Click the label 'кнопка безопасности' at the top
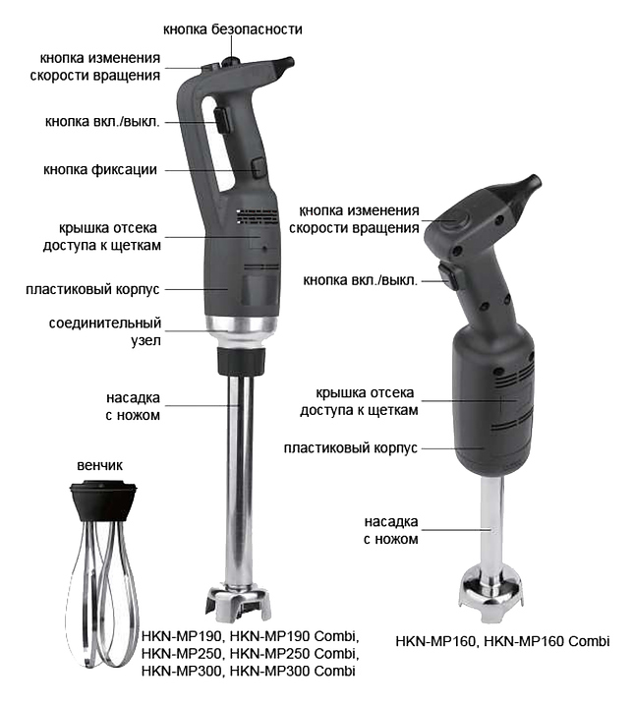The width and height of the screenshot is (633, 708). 233,29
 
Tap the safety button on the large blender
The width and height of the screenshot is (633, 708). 232,60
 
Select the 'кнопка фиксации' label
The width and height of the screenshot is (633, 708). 100,170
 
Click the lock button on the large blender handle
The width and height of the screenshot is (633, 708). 259,167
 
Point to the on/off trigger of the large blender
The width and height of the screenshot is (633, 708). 222,120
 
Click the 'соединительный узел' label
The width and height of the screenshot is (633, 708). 105,331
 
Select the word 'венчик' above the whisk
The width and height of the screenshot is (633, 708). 99,465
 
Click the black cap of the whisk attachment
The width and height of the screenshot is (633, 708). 103,501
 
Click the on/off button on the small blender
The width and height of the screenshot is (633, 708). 449,275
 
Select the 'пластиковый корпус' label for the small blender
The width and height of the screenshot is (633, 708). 350,448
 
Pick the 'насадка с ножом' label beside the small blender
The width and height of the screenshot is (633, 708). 391,531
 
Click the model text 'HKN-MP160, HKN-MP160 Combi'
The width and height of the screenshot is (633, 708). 502,641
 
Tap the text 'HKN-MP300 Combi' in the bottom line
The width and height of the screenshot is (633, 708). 293,671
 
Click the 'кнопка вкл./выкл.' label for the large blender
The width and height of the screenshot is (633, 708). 102,122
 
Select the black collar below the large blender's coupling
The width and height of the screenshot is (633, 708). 241,361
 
